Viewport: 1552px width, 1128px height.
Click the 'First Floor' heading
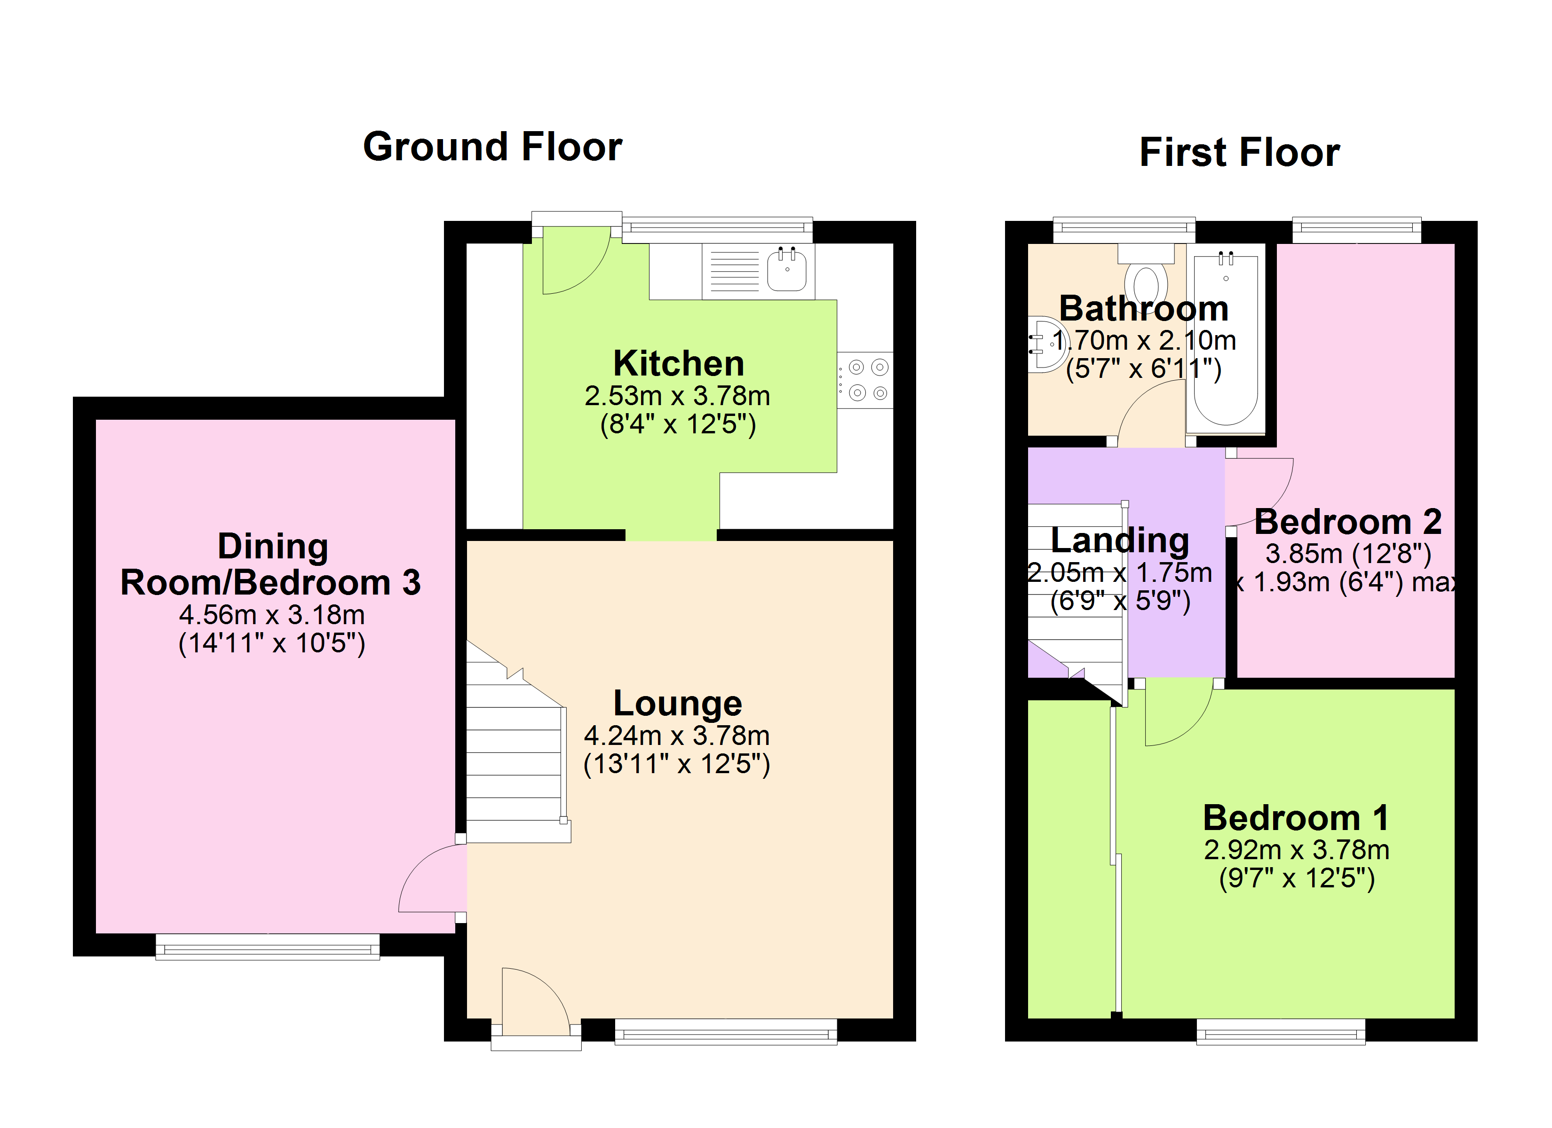[1239, 152]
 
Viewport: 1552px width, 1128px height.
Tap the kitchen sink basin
[787, 270]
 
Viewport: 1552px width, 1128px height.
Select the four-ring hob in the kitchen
[865, 380]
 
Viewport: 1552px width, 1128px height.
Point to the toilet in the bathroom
[1146, 273]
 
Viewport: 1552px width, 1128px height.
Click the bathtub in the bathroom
[1226, 338]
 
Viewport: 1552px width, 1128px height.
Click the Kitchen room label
[678, 363]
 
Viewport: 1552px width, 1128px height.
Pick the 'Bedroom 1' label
[1296, 818]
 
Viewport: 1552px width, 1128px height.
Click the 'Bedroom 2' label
[1348, 522]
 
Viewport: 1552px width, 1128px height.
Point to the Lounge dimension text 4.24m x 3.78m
[677, 736]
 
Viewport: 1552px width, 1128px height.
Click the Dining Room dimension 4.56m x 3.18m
[272, 615]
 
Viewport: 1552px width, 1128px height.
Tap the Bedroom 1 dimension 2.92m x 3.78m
[1297, 850]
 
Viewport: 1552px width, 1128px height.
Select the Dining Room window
[268, 948]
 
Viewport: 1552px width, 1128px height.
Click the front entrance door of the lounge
[535, 1002]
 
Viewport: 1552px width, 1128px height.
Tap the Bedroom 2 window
[1356, 230]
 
